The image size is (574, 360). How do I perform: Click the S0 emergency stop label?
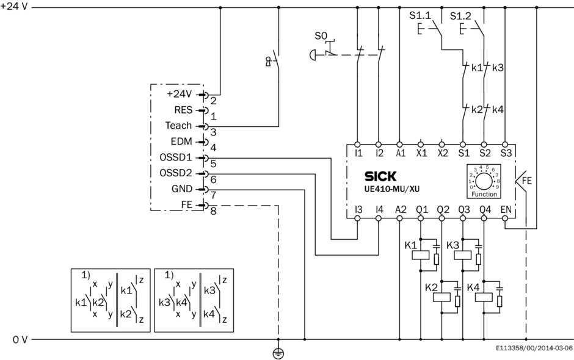(x=321, y=37)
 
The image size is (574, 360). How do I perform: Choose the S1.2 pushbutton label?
(x=461, y=15)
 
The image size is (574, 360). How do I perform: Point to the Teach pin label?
(x=178, y=126)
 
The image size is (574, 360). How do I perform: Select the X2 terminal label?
(x=441, y=153)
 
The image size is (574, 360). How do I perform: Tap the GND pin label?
(x=181, y=189)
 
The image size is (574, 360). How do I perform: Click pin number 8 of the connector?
(x=213, y=211)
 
